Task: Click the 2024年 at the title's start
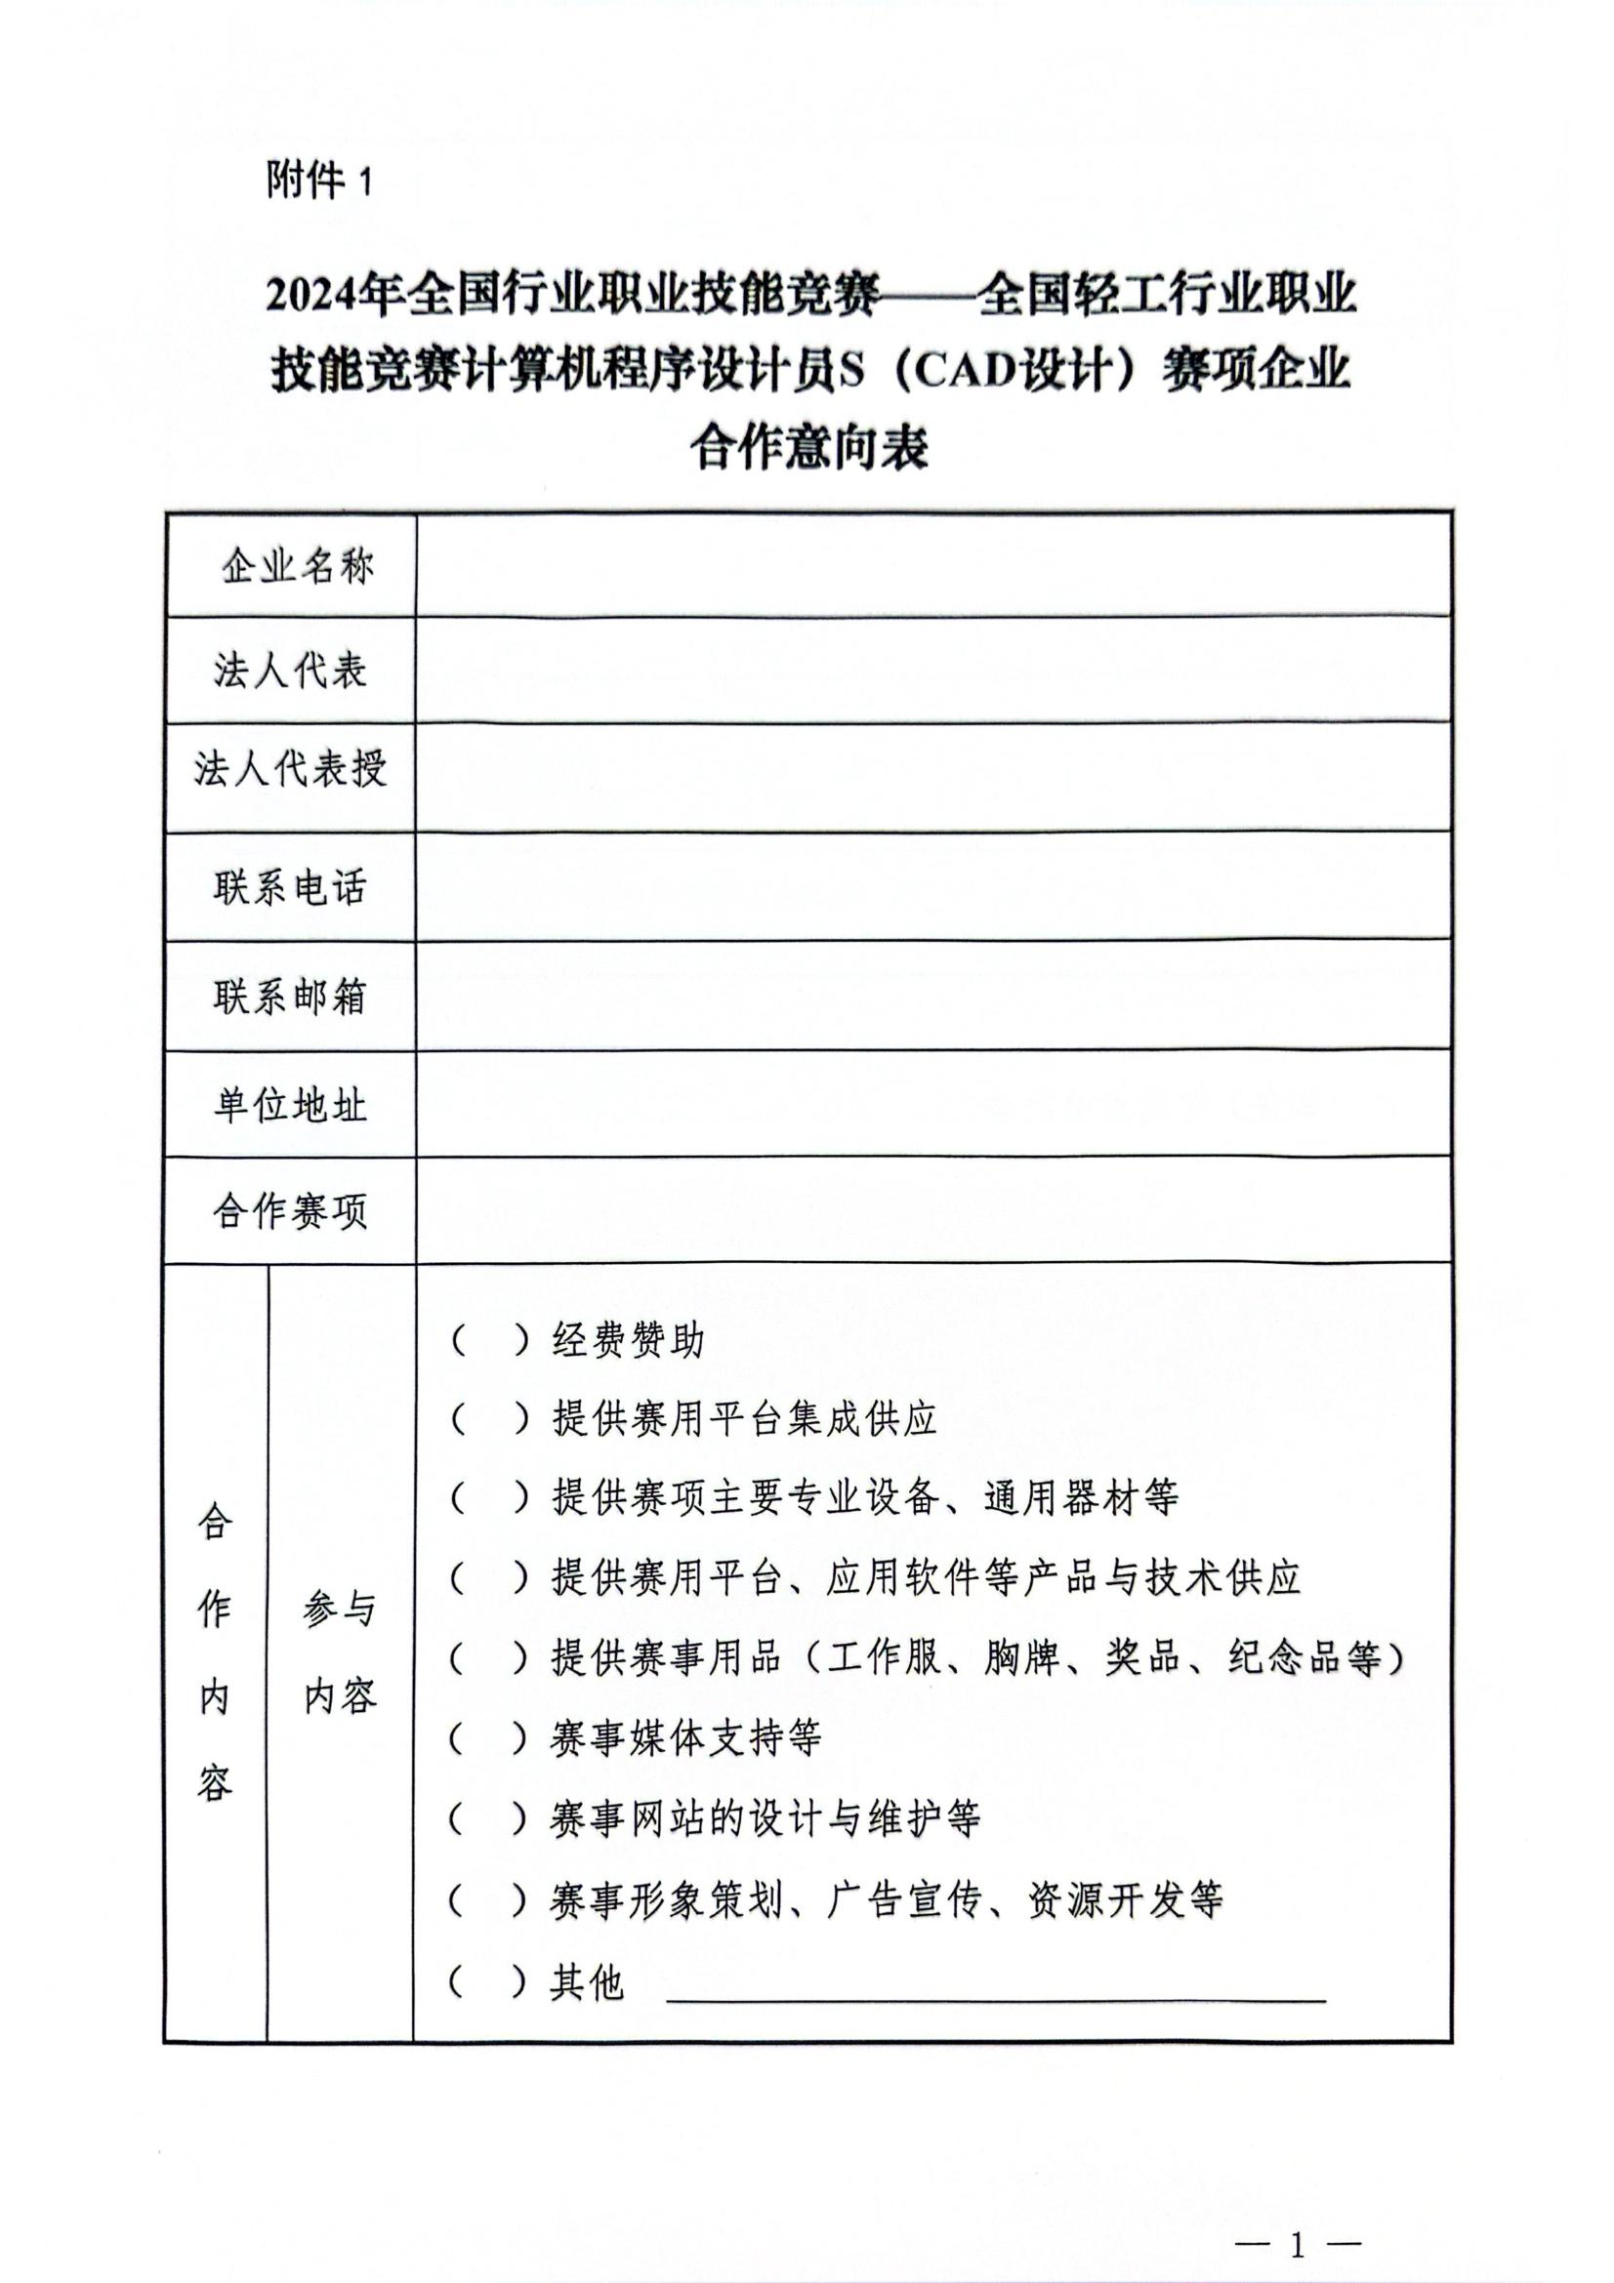pos(336,296)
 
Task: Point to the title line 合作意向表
pos(808,447)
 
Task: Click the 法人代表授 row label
pos(289,767)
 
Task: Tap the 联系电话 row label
pos(289,886)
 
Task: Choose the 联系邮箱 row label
pos(289,996)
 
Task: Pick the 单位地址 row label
pos(289,1105)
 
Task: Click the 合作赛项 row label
pos(289,1211)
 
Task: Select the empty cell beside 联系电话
pos(932,886)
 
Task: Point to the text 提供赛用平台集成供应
pos(745,1419)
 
